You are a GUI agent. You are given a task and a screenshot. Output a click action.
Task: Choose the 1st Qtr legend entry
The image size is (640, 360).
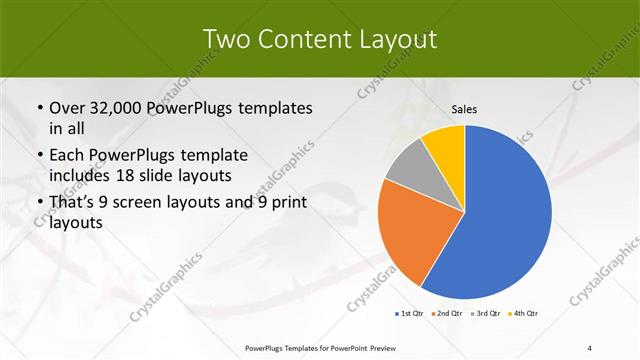pos(411,314)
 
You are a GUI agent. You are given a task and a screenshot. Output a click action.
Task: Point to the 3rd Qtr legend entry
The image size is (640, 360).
pos(486,314)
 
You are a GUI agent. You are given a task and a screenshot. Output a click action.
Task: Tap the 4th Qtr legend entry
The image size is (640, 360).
pos(524,314)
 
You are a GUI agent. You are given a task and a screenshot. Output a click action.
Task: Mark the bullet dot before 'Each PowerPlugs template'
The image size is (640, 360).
pos(39,156)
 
